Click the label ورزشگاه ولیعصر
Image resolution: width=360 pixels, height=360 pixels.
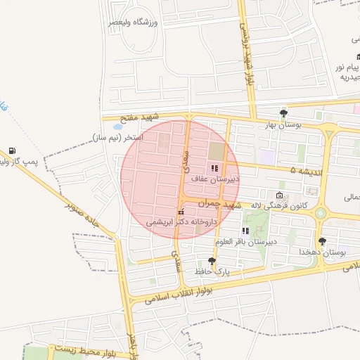tap(133, 22)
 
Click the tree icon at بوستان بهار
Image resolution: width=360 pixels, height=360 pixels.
tap(283, 112)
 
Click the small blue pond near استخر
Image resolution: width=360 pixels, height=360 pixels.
tap(117, 127)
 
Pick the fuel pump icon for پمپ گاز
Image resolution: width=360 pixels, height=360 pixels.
tap(13, 150)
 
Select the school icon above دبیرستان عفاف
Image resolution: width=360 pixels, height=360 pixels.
tap(214, 168)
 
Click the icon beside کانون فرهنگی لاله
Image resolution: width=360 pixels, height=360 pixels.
tap(280, 195)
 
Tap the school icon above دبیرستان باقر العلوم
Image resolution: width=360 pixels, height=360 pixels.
tap(245, 231)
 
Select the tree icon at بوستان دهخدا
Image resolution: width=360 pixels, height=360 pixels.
tap(322, 241)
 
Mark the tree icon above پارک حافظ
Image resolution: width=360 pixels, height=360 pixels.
tap(212, 260)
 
